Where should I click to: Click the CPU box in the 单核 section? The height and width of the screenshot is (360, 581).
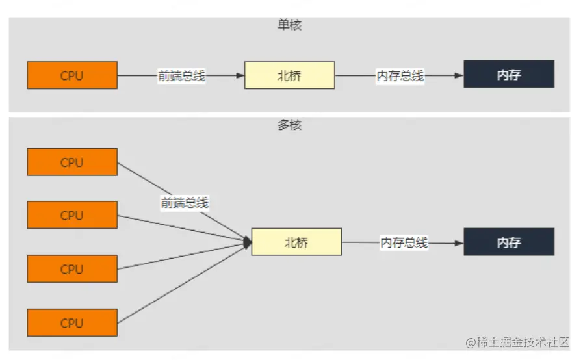(x=72, y=75)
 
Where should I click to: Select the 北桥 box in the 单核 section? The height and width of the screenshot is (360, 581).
(x=289, y=75)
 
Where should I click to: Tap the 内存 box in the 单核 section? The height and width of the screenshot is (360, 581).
(x=508, y=75)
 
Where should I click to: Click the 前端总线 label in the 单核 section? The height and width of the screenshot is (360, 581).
(x=181, y=76)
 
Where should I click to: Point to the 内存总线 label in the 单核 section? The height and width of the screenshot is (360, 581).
(x=400, y=76)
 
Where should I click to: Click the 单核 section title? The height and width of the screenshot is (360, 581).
(x=290, y=26)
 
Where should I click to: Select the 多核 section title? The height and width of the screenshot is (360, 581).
(x=290, y=125)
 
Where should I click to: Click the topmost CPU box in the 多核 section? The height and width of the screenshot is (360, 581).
(x=72, y=162)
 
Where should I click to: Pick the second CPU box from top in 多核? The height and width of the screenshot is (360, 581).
(x=72, y=215)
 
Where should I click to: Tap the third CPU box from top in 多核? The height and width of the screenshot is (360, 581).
(x=72, y=268)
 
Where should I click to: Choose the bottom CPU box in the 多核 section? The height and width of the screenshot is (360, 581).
(x=72, y=322)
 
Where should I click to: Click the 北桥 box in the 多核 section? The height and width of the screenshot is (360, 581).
(x=296, y=242)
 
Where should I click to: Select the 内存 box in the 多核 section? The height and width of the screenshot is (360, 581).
(x=508, y=242)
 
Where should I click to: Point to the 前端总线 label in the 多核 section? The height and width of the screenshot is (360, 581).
(x=185, y=203)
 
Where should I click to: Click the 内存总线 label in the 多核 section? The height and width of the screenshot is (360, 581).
(x=404, y=243)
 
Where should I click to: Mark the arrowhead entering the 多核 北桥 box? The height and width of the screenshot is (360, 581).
(x=248, y=242)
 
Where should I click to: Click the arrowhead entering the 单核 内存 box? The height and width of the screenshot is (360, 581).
(x=459, y=76)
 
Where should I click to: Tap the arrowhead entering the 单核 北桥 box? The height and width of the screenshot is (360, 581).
(x=240, y=76)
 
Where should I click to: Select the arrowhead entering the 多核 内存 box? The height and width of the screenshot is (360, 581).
(x=459, y=243)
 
